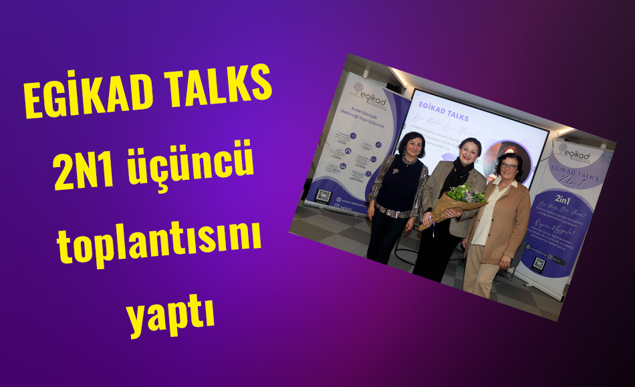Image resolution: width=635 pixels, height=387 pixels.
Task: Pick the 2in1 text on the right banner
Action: [563, 203]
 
